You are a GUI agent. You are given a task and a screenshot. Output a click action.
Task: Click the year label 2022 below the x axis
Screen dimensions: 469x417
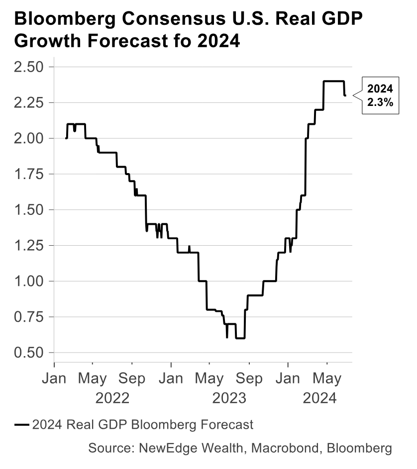click(112, 398)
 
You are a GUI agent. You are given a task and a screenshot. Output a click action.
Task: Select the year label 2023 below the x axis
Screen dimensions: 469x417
click(229, 398)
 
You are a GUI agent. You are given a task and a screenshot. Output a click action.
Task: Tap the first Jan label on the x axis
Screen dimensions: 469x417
click(54, 379)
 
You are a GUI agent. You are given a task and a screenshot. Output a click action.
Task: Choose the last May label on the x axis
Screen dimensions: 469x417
click(326, 379)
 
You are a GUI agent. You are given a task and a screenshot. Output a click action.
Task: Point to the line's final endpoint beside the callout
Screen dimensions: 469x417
click(345, 95)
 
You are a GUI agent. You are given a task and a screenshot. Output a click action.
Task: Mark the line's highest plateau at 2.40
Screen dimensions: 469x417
click(334, 81)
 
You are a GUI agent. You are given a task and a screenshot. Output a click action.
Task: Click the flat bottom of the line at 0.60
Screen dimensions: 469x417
click(240, 338)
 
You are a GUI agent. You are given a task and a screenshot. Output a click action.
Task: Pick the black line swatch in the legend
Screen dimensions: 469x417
click(22, 425)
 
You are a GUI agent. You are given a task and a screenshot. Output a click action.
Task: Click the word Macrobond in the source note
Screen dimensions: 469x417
click(287, 448)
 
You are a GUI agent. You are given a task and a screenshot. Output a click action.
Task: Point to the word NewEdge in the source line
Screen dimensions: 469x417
click(163, 448)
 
